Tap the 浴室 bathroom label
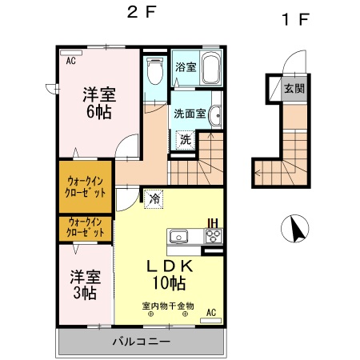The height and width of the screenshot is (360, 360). pos(185,67)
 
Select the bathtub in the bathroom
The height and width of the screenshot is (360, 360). pos(210,69)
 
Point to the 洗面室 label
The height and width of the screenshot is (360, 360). pos(190,113)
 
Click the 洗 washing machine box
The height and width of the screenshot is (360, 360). pos(185,138)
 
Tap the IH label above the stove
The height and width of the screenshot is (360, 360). pos(213,222)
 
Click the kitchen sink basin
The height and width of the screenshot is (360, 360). pos(178,236)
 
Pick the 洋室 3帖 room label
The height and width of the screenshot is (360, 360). pos(84,285)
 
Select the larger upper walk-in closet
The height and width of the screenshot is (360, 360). pos(85,186)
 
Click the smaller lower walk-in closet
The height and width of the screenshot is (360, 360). pos(85,226)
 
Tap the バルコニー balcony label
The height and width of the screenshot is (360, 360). pos(140,342)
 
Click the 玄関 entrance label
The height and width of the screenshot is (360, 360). pos(293,88)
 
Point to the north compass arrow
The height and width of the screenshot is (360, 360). pos(295,230)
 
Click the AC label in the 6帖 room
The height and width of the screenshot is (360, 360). pos(70,60)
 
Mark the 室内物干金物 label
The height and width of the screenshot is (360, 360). pos(168,305)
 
